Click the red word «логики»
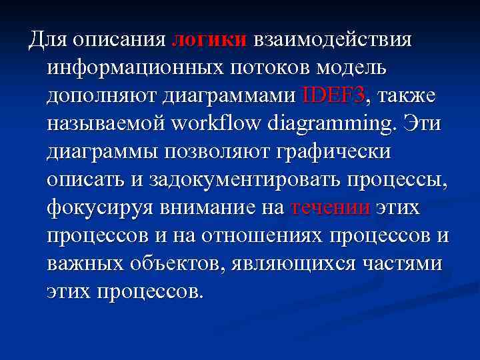(x=209, y=39)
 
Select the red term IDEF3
(x=333, y=95)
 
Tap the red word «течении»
(x=331, y=208)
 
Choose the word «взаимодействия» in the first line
(x=331, y=39)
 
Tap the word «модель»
(x=353, y=67)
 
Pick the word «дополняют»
(x=99, y=95)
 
